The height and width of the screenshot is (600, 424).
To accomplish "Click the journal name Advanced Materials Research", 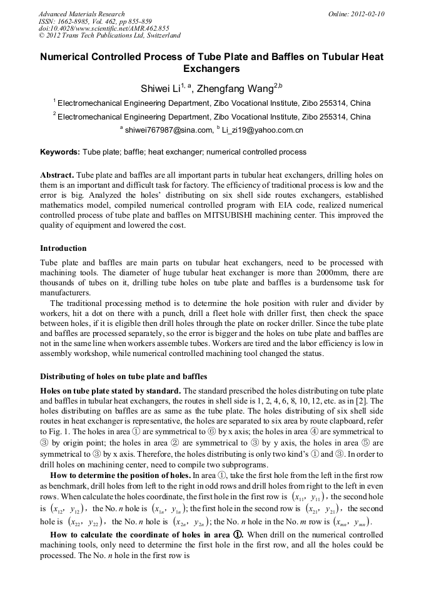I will (x=82, y=14).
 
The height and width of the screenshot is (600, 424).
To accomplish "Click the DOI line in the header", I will (x=104, y=28).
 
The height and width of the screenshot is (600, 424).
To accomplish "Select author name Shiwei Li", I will (x=159, y=89).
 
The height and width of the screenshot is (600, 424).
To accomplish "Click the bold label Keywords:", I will (x=60, y=152).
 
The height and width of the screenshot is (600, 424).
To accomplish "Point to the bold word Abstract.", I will (x=57, y=175).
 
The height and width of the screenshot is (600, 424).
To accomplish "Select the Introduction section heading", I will (x=63, y=248).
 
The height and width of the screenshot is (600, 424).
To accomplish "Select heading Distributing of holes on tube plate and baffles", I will (x=124, y=377).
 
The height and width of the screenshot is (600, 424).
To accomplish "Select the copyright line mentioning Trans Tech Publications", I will (x=110, y=36).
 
